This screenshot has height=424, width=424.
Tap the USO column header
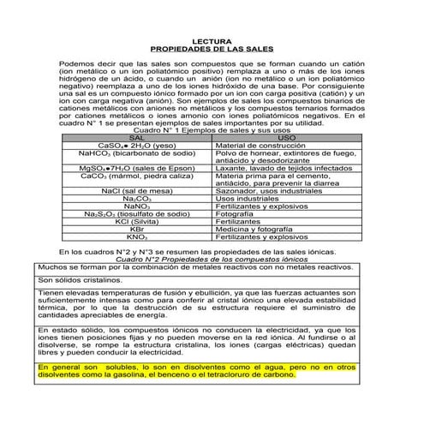point(288,138)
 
